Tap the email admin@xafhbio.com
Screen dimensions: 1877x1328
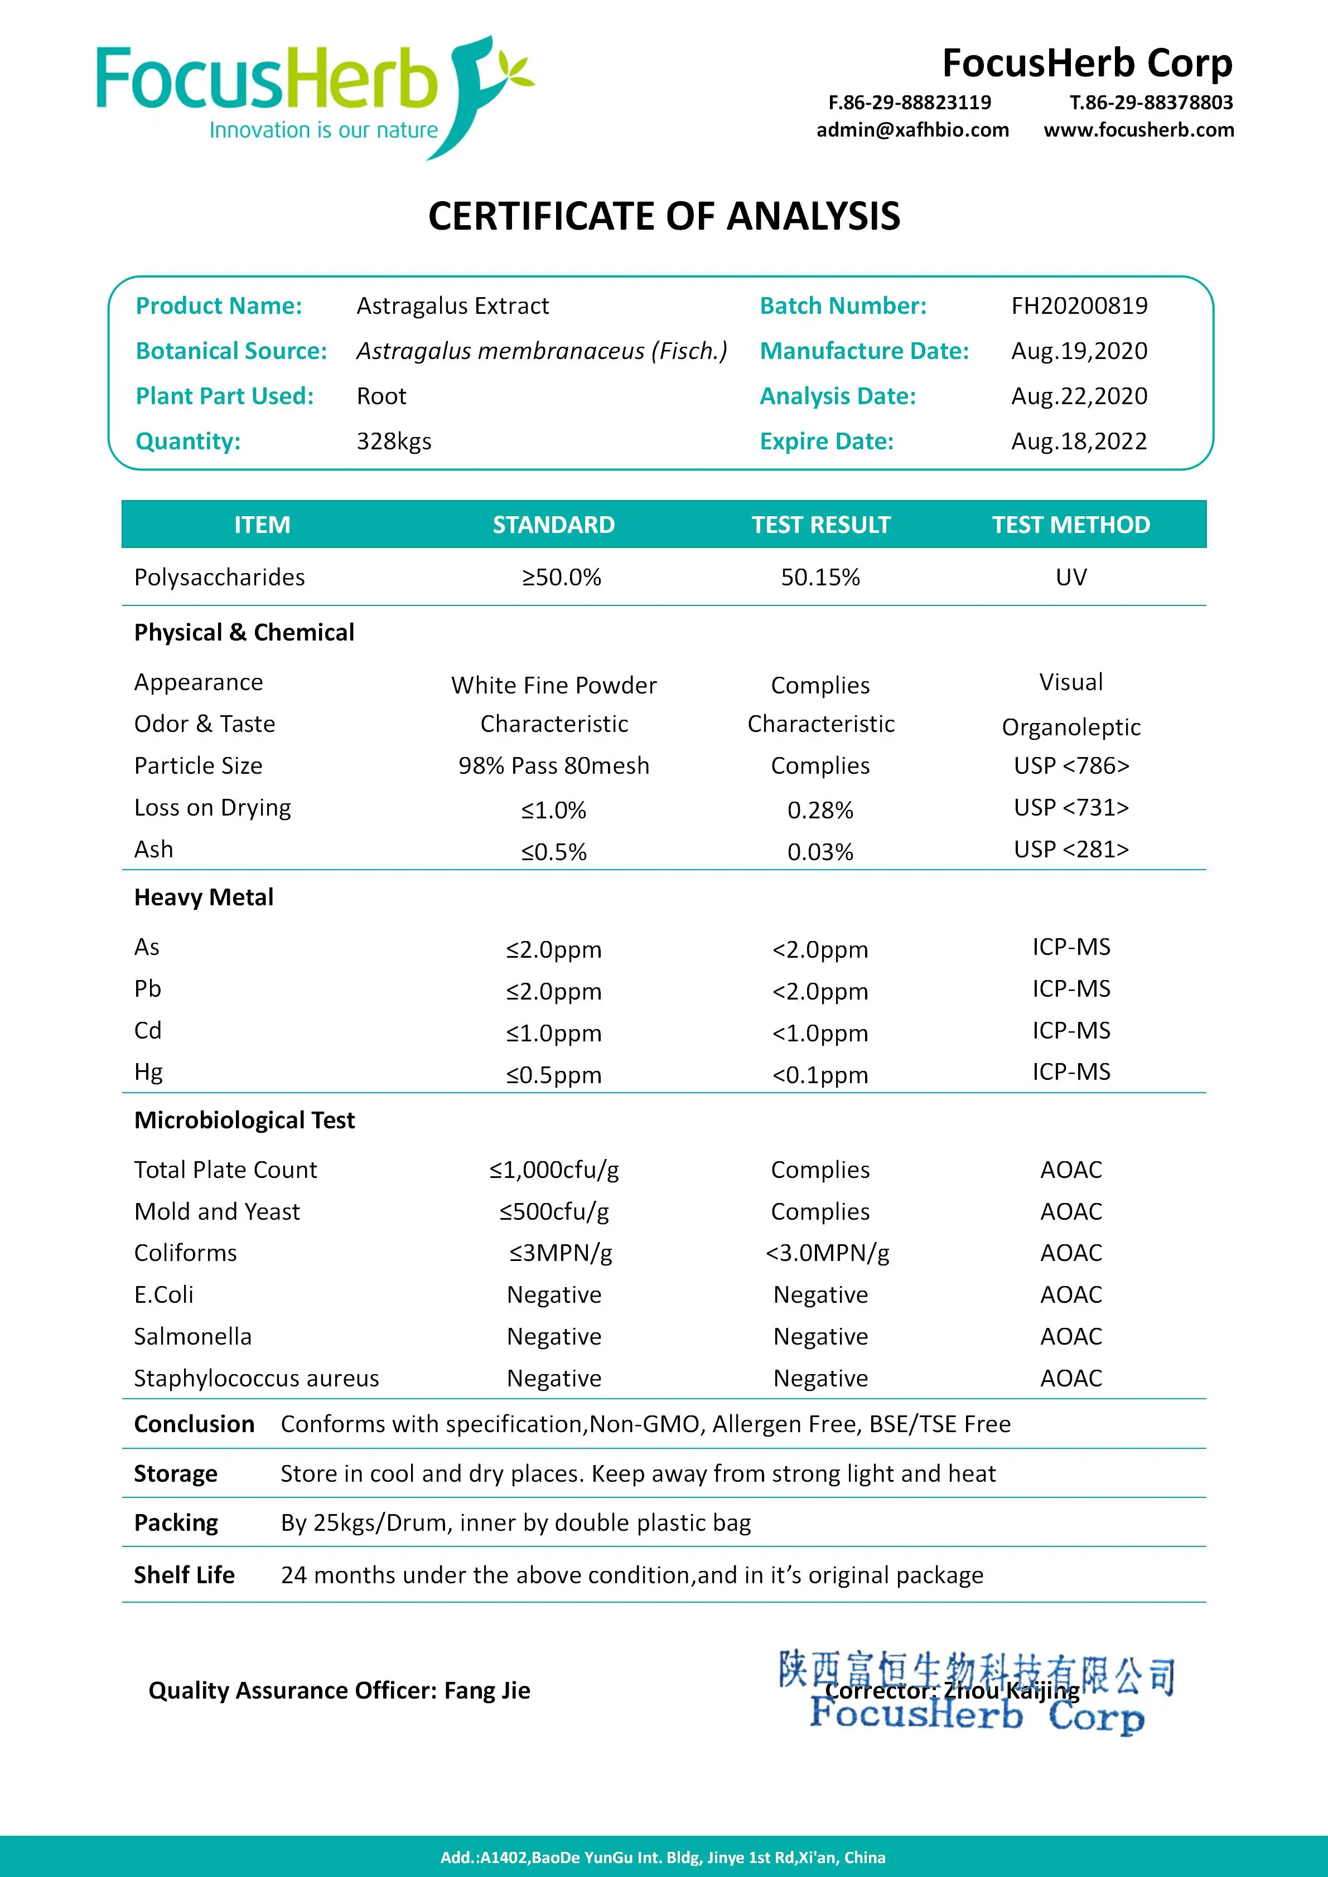(x=912, y=130)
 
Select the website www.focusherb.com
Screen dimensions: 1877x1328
(x=1138, y=130)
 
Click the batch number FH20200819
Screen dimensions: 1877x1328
(x=1079, y=305)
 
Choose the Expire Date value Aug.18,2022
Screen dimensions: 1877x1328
(x=1079, y=442)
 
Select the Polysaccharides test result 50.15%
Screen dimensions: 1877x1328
(x=820, y=577)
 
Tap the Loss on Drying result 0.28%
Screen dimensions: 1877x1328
(x=820, y=810)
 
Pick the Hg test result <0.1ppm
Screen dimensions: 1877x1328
(x=820, y=1075)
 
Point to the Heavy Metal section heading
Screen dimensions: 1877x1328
(x=204, y=898)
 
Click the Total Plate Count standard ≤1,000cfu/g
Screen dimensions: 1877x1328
(x=554, y=1170)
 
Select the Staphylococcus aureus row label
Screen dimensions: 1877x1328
(x=256, y=1378)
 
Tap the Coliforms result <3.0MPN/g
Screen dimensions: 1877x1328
(x=827, y=1253)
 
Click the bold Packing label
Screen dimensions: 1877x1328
(x=176, y=1523)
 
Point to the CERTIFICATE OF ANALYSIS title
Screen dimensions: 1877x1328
(x=664, y=217)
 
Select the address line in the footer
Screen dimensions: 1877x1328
(x=663, y=1857)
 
